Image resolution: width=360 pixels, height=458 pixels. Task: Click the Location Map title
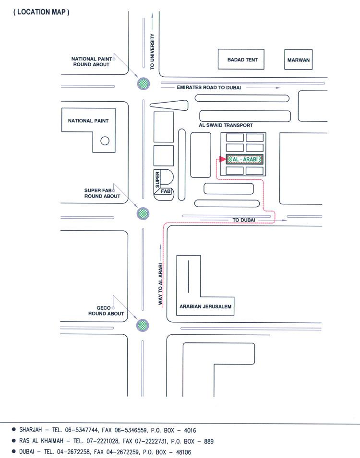pos(41,12)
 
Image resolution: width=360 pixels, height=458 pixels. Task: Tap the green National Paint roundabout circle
pos(144,84)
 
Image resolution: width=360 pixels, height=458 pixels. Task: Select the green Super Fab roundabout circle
pos(143,213)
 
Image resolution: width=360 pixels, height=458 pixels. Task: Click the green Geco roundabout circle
pos(143,325)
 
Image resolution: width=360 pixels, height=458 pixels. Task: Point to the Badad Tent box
pos(241,59)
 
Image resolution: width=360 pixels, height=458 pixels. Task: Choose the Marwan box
pos(298,59)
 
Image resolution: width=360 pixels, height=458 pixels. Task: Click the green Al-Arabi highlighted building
pos(245,160)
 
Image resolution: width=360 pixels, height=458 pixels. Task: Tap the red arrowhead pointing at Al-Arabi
pos(223,159)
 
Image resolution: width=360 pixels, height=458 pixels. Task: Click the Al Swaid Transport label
pos(226,125)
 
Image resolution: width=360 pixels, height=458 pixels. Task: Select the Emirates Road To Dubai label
pos(209,87)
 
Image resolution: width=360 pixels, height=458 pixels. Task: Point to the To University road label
pos(152,51)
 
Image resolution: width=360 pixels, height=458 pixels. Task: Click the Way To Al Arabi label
pos(160,284)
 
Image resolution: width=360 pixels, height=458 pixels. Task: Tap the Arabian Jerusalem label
pos(205,306)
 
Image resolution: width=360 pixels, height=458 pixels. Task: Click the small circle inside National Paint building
pos(105,141)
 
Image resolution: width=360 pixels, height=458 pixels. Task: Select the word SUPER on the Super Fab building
pos(157,180)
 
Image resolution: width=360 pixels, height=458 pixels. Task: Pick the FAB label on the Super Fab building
pos(166,191)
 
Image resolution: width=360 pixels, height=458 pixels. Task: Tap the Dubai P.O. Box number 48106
pos(183,452)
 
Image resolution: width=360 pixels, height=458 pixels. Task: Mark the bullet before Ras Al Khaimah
pos(13,440)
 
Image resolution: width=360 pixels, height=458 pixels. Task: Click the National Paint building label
pos(88,121)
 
